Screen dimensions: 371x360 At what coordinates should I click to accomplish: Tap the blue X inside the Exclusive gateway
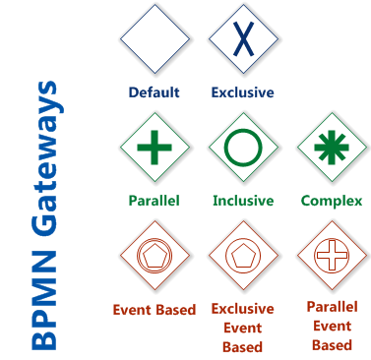click(242, 38)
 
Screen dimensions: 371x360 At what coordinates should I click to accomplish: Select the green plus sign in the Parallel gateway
click(154, 149)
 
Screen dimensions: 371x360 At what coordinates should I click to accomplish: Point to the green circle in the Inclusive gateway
click(242, 149)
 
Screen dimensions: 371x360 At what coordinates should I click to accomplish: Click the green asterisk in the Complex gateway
click(332, 149)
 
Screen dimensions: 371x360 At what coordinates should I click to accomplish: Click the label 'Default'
click(154, 92)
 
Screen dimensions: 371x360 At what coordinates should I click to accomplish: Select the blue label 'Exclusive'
click(242, 92)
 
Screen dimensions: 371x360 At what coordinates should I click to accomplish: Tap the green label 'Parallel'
click(154, 201)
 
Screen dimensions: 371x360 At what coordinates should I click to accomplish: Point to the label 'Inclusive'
click(242, 201)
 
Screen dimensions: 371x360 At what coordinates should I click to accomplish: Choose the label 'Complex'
click(332, 201)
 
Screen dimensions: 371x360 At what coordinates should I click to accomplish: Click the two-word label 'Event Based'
click(154, 309)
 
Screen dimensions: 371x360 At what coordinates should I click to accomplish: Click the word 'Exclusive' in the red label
click(242, 309)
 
